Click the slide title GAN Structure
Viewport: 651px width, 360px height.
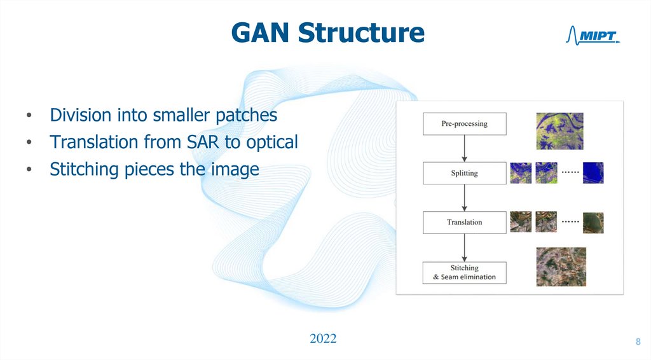point(327,32)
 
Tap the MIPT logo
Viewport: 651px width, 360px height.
point(592,37)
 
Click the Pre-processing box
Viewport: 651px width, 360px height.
point(464,123)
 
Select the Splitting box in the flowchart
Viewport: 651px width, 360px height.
point(464,173)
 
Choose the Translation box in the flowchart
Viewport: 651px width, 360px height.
point(464,222)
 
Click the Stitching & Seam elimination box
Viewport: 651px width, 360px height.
point(464,272)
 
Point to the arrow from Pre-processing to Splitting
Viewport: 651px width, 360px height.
point(465,148)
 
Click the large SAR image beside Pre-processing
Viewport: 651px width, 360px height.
point(559,131)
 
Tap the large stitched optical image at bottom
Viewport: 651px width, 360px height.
point(561,267)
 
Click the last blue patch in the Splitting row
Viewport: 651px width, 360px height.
point(593,172)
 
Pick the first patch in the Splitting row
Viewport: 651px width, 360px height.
point(521,172)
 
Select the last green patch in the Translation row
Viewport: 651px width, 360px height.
point(593,223)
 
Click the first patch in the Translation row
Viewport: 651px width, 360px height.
point(521,222)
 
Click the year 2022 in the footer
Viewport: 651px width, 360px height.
point(323,338)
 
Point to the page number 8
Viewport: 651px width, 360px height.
point(638,343)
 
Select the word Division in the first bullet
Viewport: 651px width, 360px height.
point(81,115)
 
